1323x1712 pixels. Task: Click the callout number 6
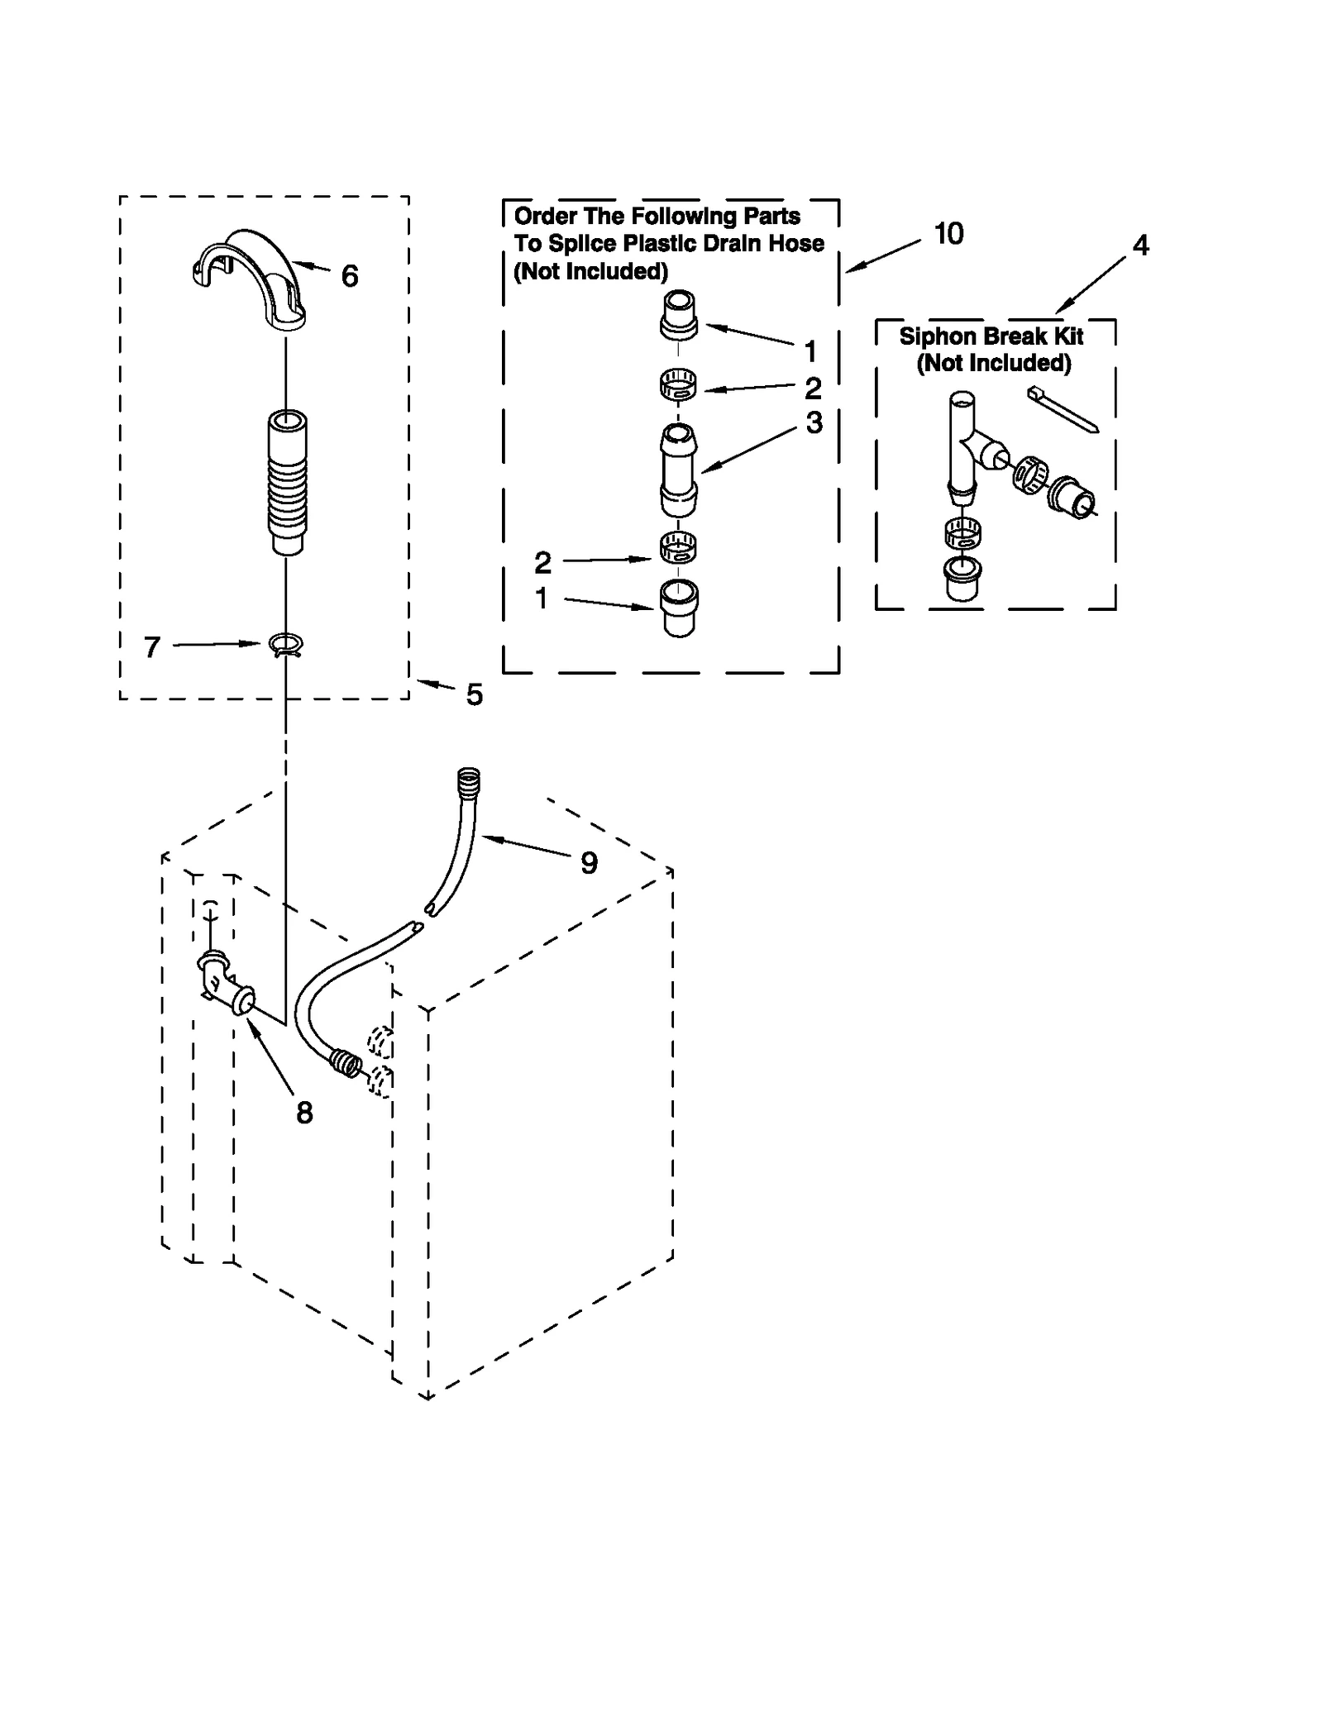click(x=349, y=276)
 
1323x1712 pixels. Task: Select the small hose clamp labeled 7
click(x=286, y=644)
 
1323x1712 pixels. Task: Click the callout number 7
click(x=151, y=647)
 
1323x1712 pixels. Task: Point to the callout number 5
click(x=474, y=694)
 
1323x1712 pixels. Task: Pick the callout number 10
click(x=948, y=234)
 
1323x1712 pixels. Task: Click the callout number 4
click(x=1140, y=246)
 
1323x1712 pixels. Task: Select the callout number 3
click(x=814, y=423)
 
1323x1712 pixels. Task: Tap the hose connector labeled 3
click(x=679, y=470)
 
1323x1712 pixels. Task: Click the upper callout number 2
click(x=813, y=388)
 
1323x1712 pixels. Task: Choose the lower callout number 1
click(x=542, y=598)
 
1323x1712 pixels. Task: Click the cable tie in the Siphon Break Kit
click(x=1063, y=409)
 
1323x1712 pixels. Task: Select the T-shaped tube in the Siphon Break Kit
click(x=964, y=447)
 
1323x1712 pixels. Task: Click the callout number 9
click(x=588, y=863)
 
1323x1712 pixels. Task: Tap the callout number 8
click(x=304, y=1114)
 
